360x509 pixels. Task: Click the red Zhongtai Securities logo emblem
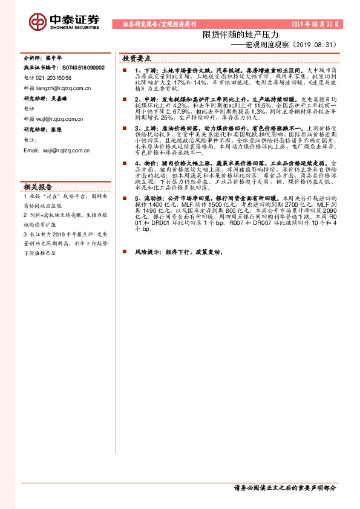(38, 22)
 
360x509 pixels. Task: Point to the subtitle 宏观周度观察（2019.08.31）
(289, 45)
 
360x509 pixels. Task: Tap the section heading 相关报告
(38, 186)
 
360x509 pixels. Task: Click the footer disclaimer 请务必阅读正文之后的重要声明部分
(284, 487)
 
